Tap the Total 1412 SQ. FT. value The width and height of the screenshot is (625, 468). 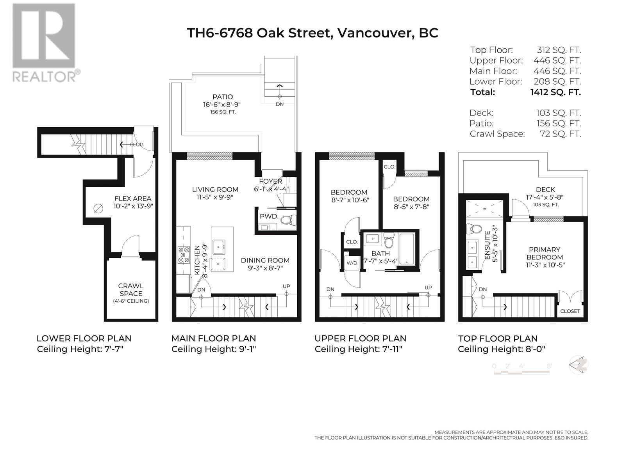coord(555,92)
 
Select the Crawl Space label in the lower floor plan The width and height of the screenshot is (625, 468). coord(131,290)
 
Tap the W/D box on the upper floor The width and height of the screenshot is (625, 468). coord(352,263)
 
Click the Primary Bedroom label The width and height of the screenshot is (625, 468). coord(545,253)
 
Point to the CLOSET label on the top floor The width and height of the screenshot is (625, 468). coord(570,311)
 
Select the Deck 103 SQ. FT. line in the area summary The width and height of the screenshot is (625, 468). coord(525,113)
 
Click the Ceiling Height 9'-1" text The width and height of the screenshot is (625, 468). coord(213,349)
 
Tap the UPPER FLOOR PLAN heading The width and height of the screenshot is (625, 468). coord(360,339)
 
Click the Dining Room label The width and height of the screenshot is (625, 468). coord(265,261)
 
